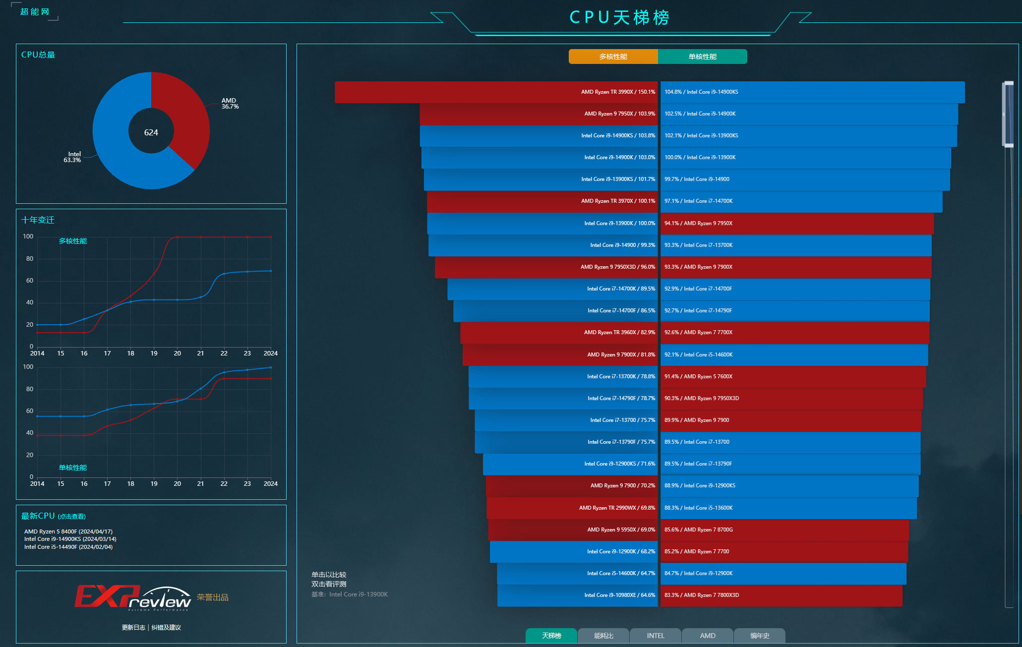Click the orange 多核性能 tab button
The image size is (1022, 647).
click(613, 57)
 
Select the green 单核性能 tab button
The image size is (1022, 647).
click(702, 57)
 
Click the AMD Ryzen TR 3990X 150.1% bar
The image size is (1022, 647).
click(496, 92)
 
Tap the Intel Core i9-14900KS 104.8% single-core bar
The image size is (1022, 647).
click(812, 92)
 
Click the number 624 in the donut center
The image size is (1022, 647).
click(151, 132)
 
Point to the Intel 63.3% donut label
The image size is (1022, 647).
click(72, 157)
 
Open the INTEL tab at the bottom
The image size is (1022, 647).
click(655, 636)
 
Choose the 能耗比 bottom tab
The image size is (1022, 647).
click(603, 636)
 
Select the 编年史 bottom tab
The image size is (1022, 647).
click(759, 636)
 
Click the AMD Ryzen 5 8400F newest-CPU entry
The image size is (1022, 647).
click(68, 531)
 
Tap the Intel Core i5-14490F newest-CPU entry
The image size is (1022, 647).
click(68, 547)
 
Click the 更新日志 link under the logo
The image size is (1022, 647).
click(133, 628)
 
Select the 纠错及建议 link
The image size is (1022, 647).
click(166, 628)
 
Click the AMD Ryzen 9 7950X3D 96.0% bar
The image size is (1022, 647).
click(546, 267)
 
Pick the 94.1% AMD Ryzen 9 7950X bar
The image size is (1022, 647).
click(797, 224)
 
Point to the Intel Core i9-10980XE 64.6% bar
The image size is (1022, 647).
click(577, 595)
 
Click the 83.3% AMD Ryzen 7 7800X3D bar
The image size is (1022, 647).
click(781, 595)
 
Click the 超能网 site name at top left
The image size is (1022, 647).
click(35, 12)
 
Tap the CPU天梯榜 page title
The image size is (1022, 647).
click(619, 18)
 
